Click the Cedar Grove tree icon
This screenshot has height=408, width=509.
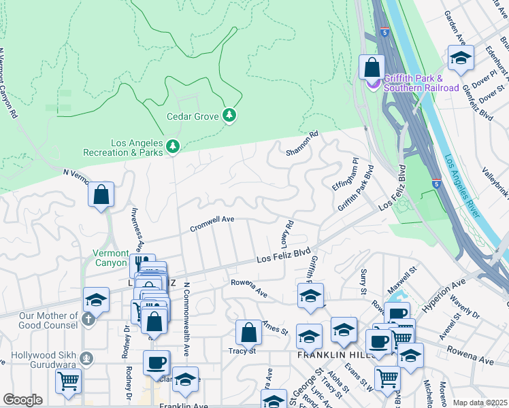[x=230, y=116]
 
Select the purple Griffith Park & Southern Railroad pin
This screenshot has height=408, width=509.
[x=374, y=83]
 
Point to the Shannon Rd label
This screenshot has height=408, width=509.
[x=303, y=143]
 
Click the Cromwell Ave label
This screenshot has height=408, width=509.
[x=212, y=224]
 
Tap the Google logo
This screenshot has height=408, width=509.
[x=22, y=400]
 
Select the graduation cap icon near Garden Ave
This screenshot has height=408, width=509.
[x=460, y=58]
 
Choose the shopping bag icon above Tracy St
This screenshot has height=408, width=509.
[x=248, y=333]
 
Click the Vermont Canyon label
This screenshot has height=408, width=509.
[x=110, y=258]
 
